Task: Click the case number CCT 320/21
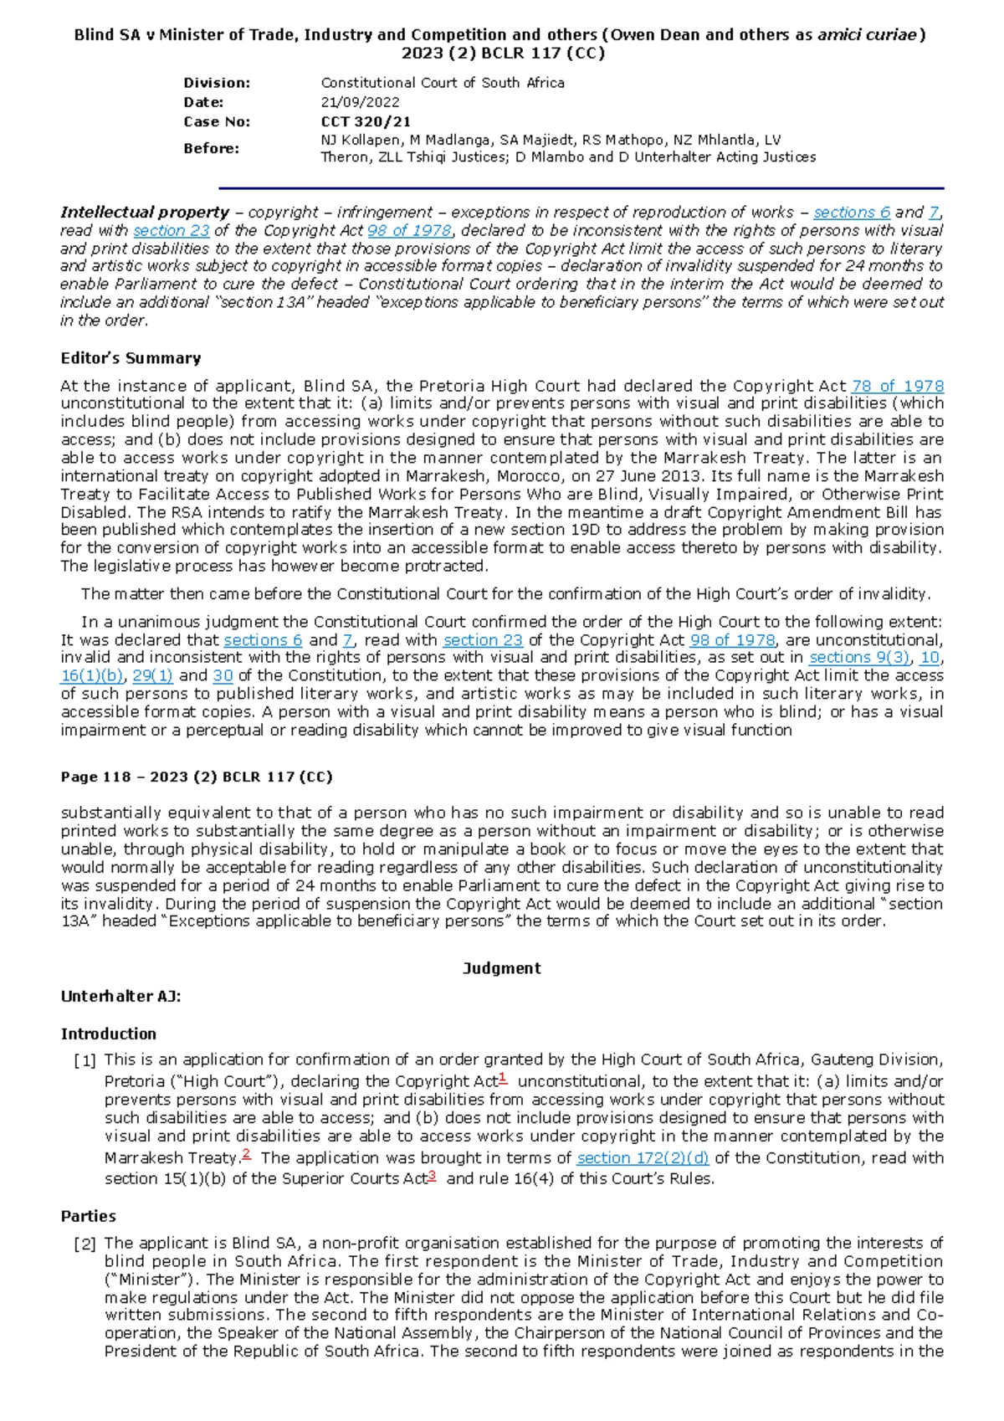[366, 121]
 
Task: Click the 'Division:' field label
[217, 83]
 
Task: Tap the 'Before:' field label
[211, 148]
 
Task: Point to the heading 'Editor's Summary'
[131, 358]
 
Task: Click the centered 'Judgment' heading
[501, 968]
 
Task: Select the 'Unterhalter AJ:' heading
[120, 997]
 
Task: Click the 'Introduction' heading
[108, 1034]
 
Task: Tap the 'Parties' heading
[88, 1216]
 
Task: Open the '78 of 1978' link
[897, 386]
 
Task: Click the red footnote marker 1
[503, 1077]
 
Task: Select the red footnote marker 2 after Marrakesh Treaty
[246, 1154]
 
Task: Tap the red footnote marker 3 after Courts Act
[433, 1174]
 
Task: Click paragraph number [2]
[85, 1244]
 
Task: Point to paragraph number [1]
[85, 1061]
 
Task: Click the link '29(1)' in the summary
[152, 675]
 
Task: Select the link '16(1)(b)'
[92, 675]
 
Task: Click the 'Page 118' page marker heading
[196, 777]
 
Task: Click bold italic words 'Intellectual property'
[144, 213]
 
